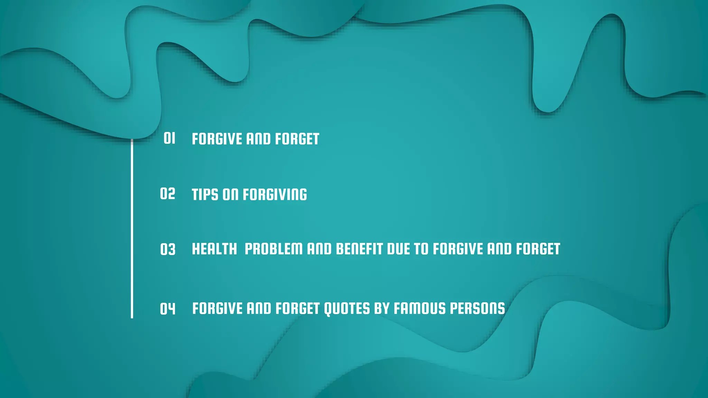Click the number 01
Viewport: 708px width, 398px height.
(x=169, y=138)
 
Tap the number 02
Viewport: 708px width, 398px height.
(x=168, y=194)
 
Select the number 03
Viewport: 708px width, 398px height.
(x=168, y=249)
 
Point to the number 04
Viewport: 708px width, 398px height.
(x=168, y=309)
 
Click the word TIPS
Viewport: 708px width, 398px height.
(x=205, y=195)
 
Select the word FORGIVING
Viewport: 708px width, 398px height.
(x=275, y=195)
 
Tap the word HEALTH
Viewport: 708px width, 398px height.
(x=214, y=249)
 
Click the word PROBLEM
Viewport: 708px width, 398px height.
(x=273, y=249)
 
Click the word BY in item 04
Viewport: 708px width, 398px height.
(x=382, y=309)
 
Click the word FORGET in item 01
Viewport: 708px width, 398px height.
(x=297, y=139)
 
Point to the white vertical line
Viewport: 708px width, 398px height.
(x=132, y=228)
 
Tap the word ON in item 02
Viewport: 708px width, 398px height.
(x=231, y=195)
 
